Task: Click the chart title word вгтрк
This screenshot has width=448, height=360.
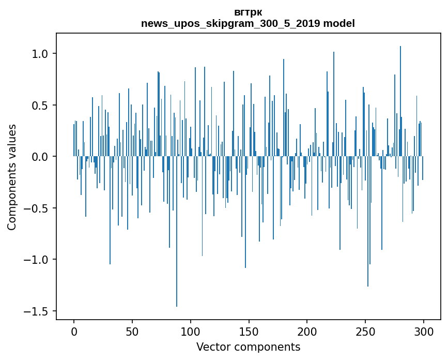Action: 248,12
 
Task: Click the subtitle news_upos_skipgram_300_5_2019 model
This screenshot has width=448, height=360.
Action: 248,23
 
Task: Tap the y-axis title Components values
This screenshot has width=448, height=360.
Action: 12,177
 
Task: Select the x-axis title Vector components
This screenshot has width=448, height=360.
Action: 248,347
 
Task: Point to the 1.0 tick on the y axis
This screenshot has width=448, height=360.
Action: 41,54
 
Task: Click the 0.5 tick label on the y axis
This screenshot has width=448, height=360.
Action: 41,105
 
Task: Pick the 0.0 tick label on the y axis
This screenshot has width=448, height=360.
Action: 41,157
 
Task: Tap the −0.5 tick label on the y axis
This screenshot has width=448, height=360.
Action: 38,208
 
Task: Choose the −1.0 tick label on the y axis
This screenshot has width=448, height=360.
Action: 38,260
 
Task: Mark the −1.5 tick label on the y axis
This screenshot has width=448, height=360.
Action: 38,311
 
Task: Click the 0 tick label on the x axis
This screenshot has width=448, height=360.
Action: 74,331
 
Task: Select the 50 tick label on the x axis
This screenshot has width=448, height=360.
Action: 132,331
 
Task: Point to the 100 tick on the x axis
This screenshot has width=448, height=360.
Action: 191,331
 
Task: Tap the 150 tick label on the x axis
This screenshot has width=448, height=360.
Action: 249,331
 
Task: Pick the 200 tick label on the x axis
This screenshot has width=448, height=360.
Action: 307,331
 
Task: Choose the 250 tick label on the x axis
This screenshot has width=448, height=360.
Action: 366,331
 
